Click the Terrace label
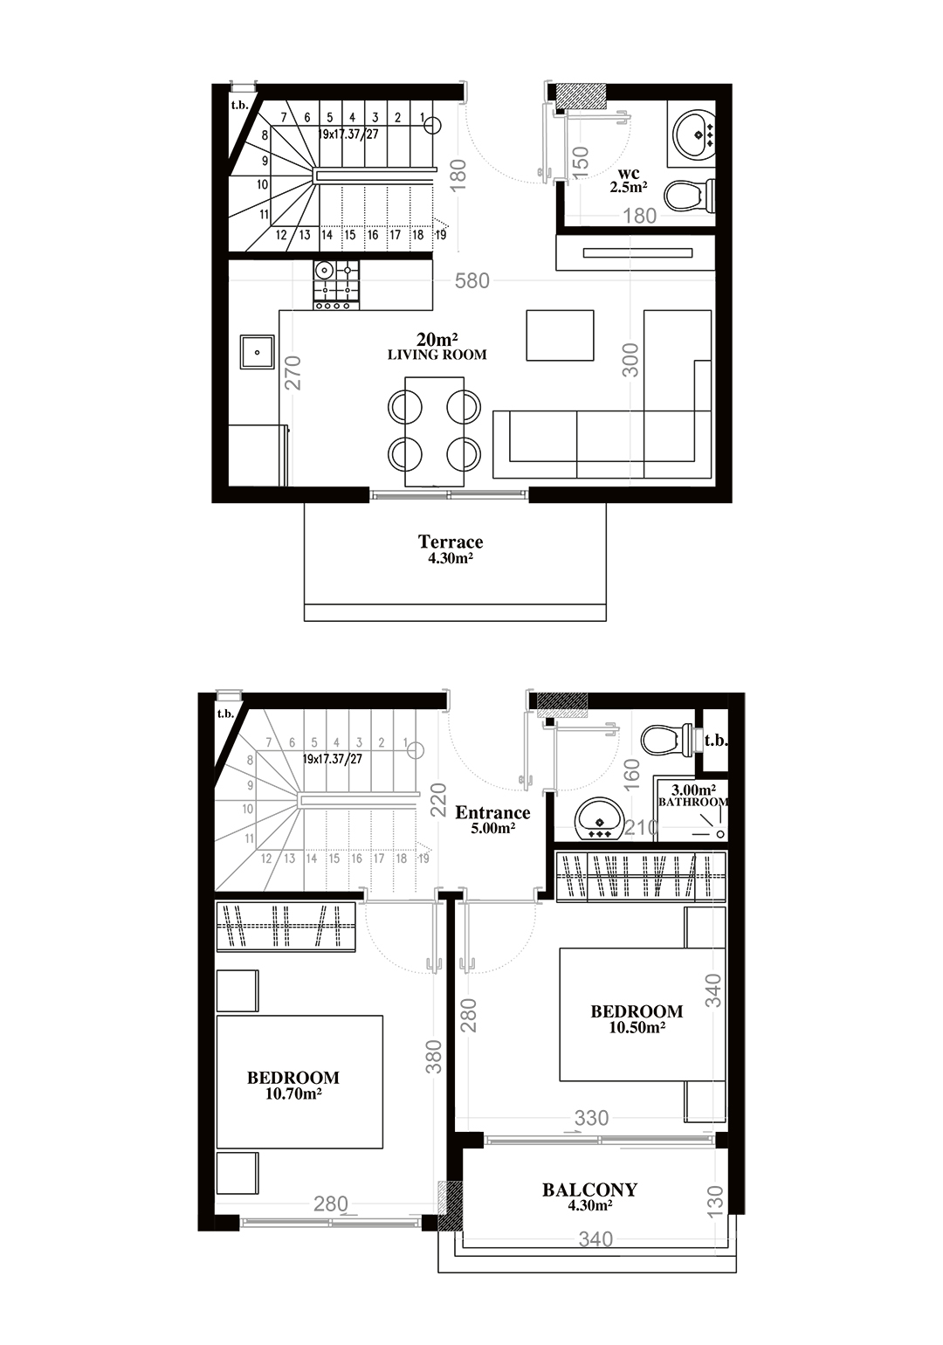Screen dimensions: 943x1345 point(451,542)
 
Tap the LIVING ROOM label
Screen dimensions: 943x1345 point(437,355)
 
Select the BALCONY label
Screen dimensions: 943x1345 point(589,1190)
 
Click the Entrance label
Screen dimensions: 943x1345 point(492,812)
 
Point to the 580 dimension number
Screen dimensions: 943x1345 point(472,280)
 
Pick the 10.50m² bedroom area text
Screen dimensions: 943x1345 point(637,1027)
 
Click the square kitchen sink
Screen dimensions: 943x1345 point(257,352)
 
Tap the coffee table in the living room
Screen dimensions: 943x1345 point(560,335)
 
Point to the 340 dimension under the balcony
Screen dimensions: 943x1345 point(596,1238)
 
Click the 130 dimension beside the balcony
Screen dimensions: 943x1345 point(715,1201)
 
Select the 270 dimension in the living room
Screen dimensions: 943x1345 point(293,373)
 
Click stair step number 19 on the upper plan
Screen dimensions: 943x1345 point(441,235)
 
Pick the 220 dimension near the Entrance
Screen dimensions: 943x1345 point(439,799)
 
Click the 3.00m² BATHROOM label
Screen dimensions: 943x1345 point(692,795)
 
